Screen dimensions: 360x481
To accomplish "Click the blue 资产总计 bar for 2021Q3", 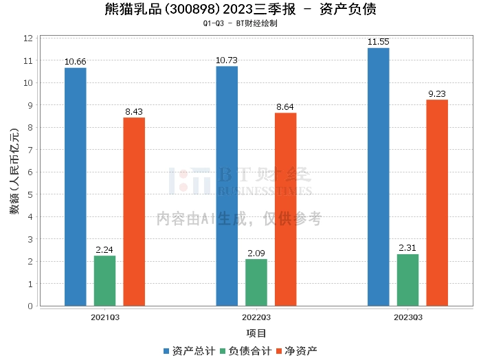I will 76,187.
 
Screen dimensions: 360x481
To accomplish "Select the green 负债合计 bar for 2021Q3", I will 105,280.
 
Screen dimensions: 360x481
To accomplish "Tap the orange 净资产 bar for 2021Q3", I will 134,212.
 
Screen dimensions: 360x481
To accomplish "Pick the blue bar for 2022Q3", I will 227,186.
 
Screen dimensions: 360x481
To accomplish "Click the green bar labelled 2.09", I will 256,282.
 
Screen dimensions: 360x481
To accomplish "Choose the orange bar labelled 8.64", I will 285,209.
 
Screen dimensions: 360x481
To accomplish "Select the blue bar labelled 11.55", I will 378,177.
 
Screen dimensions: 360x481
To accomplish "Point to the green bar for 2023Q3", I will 407,280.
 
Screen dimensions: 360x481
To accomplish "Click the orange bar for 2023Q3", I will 437,203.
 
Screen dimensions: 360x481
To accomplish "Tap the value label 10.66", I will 76,62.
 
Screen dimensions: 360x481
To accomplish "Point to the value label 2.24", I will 105,249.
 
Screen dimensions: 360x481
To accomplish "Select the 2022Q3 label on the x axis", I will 256,317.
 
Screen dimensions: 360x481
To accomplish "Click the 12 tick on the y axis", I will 28,38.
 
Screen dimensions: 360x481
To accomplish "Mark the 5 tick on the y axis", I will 30,194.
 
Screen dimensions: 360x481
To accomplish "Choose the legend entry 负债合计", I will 245,351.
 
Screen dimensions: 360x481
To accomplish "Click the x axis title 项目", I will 256,333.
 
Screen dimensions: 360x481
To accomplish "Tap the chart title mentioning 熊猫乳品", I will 240,10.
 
